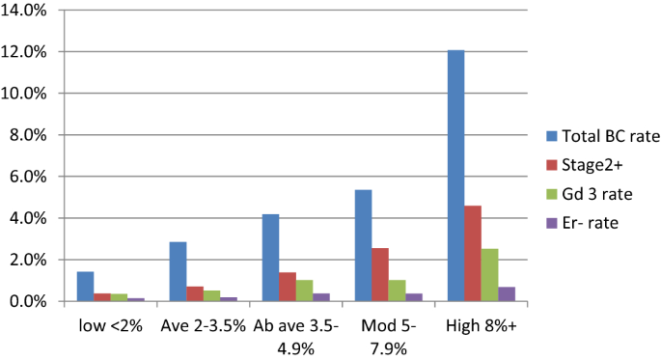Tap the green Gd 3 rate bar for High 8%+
[x=490, y=275]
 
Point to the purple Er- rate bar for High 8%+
[x=508, y=294]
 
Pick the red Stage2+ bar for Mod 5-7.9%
[x=380, y=275]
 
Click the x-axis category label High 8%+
[x=482, y=326]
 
